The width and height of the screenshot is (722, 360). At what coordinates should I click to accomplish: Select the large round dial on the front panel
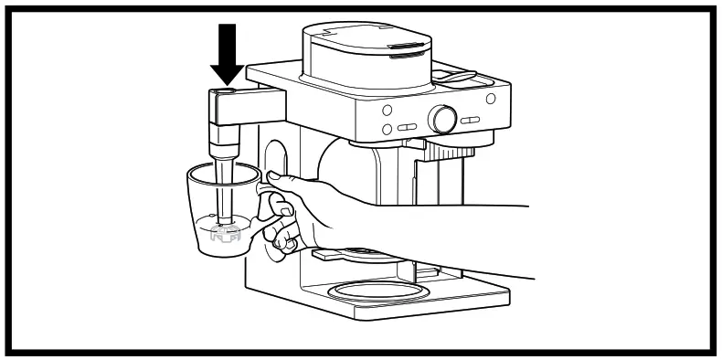(444, 118)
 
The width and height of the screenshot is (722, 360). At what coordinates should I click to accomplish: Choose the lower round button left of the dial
(387, 130)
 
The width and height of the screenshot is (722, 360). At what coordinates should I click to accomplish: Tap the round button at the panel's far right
(491, 98)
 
